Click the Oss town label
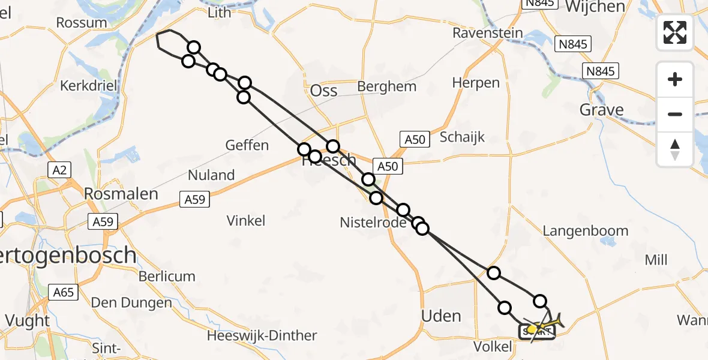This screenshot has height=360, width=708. tap(323, 91)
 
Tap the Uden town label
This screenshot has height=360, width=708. tap(442, 316)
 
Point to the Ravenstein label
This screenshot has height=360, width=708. tap(488, 33)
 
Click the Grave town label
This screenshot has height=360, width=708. tap(601, 110)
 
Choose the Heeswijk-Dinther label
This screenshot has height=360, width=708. tap(262, 336)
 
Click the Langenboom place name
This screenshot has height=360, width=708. tap(586, 231)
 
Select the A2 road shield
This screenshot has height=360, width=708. tap(59, 170)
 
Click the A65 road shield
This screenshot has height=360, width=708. tap(63, 292)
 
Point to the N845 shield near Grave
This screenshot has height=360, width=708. tap(601, 71)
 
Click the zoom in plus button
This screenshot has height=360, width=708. tap(675, 80)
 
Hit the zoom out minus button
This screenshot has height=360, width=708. tap(675, 115)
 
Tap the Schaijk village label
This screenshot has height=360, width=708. tap(462, 137)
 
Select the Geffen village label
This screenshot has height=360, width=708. tap(247, 145)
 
